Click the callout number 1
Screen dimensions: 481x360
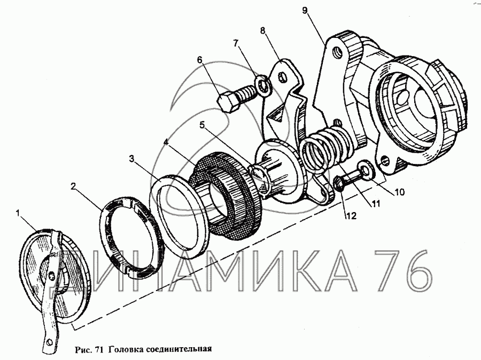point(19,214)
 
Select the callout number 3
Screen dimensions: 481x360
point(131,159)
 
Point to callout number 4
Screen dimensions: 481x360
point(168,143)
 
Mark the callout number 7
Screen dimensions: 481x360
point(236,42)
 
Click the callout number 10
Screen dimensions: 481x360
point(400,191)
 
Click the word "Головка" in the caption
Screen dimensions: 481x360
point(127,350)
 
